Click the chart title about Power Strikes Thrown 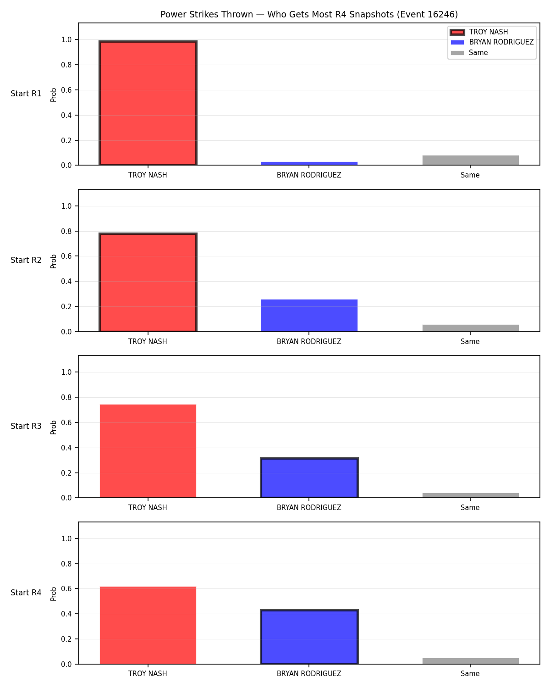point(309,14)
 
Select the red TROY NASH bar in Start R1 point(148,103)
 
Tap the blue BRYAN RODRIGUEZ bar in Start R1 point(309,163)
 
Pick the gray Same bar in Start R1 point(470,160)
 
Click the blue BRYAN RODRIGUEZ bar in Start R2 point(309,315)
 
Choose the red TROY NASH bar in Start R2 point(148,282)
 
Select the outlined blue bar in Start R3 point(309,477)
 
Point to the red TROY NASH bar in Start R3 point(148,451)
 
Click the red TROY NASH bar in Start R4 point(148,625)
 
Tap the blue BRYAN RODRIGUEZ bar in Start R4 point(309,637)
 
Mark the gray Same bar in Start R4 point(470,661)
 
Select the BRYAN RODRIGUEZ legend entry point(492,42)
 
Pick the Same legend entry point(469,53)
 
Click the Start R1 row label point(26,94)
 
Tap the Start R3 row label point(26,426)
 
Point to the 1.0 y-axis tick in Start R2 point(66,206)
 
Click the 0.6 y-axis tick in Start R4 point(66,588)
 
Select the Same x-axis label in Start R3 point(470,508)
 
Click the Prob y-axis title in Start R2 point(53,261)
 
